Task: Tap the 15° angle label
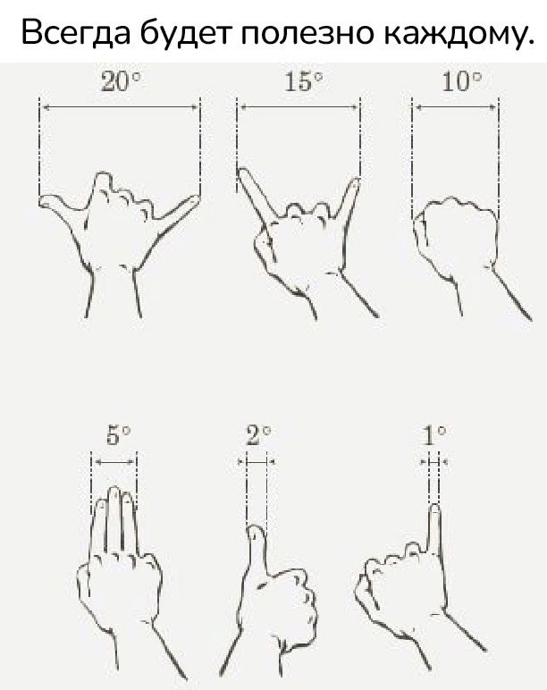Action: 304,82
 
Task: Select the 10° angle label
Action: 461,82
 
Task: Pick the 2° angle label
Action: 258,435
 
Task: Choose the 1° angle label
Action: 434,435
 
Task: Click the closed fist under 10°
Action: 458,238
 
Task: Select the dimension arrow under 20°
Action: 120,106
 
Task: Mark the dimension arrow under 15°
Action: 299,106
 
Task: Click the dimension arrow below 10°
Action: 456,106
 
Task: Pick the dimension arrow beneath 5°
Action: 114,462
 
